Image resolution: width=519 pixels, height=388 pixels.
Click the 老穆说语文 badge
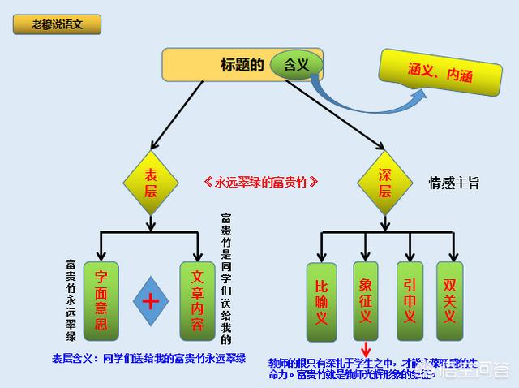(x=56, y=24)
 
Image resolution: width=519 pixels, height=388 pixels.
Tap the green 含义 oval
(x=297, y=63)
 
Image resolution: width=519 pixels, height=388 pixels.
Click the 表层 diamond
(x=150, y=183)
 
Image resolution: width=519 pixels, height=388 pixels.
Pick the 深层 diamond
(x=385, y=183)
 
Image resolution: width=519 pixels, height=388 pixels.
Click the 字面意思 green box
(x=101, y=300)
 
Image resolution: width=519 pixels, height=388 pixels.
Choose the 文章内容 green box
(x=197, y=300)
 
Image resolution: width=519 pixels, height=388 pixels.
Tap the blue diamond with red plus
(x=149, y=301)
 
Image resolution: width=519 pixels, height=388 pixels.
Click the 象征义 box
(x=366, y=301)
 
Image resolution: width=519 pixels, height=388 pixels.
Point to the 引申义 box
(x=410, y=301)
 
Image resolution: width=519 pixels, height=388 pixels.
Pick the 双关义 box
(x=450, y=301)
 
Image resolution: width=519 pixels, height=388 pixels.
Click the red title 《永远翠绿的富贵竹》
(x=259, y=183)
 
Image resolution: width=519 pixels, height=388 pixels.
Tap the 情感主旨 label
(x=454, y=183)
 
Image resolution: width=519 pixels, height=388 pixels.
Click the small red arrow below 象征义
(x=366, y=350)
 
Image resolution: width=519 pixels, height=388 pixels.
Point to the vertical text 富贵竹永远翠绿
(x=71, y=300)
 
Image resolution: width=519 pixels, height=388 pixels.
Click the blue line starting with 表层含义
(x=148, y=358)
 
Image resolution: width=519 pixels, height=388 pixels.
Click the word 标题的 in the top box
(x=242, y=65)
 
